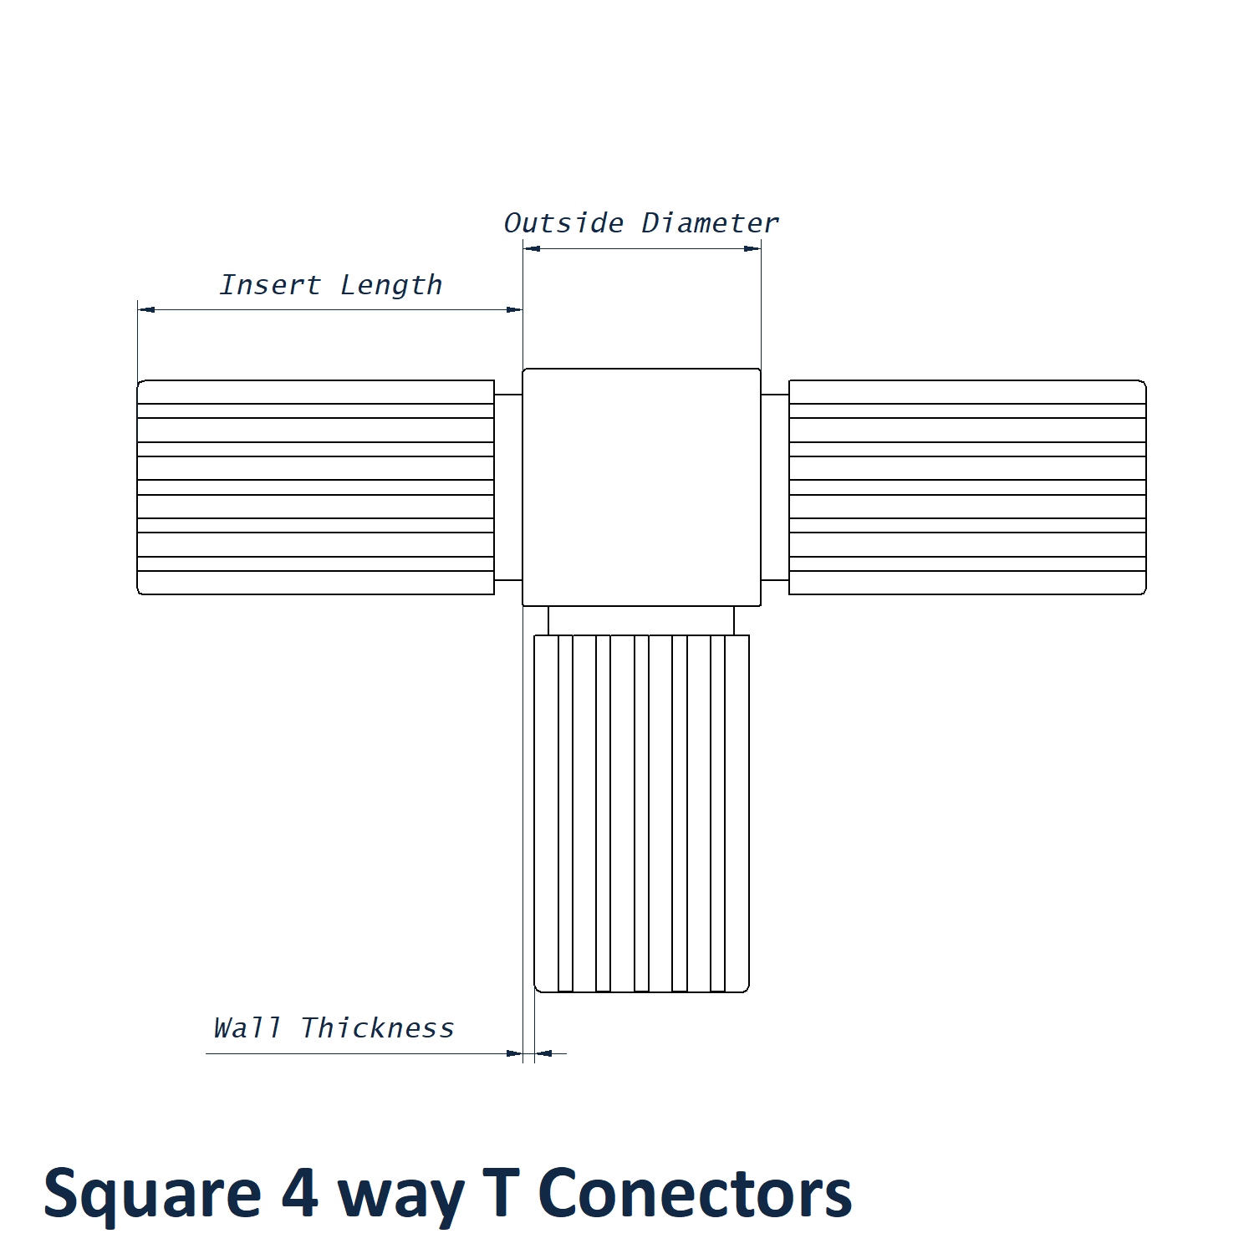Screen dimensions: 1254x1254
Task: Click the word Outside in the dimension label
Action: click(563, 223)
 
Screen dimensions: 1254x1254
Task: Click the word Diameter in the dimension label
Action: click(710, 223)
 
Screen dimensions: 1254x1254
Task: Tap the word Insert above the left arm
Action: click(269, 285)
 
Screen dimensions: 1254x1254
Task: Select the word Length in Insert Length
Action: click(391, 286)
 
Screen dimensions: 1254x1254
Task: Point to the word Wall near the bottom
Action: click(247, 1027)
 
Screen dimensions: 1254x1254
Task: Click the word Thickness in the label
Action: click(377, 1027)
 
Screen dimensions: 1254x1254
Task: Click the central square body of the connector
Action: click(641, 487)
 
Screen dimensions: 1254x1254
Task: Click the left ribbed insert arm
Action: click(315, 487)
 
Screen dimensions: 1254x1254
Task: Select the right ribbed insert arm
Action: click(967, 487)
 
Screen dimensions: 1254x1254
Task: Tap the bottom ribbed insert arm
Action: click(641, 813)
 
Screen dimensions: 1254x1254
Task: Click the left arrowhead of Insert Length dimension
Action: click(146, 309)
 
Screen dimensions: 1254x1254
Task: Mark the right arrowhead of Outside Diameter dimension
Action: click(752, 248)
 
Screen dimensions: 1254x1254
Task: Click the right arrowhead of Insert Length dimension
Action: click(514, 309)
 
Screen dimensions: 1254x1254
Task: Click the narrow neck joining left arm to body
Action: click(508, 487)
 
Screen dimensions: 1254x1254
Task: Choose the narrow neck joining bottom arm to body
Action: click(641, 620)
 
